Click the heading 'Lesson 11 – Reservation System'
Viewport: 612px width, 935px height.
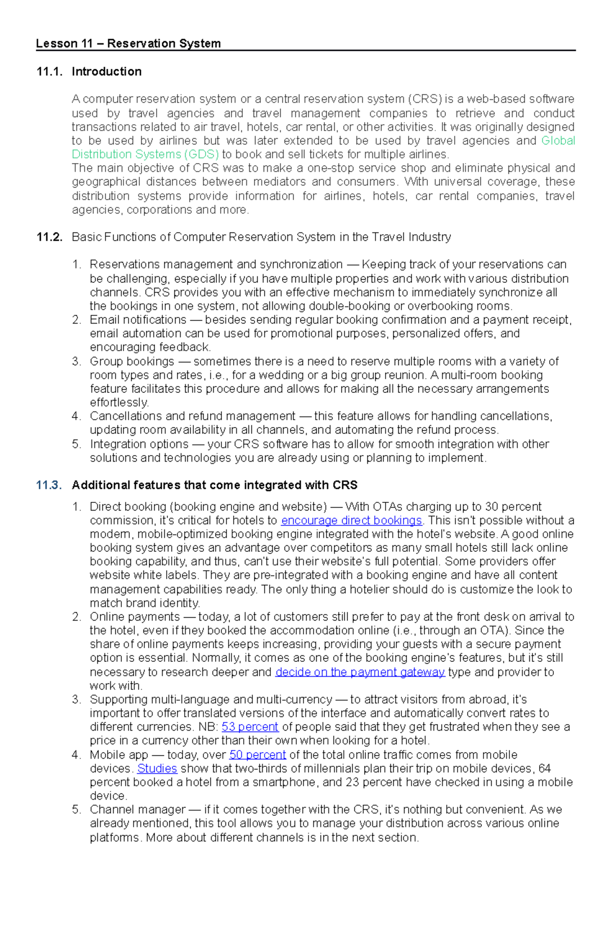[128, 44]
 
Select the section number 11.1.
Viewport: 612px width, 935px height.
[49, 72]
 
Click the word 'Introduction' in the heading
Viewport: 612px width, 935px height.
[107, 72]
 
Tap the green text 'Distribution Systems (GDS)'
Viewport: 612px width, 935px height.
[145, 154]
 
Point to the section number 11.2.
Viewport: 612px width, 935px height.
[49, 237]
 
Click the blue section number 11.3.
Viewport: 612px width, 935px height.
[49, 485]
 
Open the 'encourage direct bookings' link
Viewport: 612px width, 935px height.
[351, 521]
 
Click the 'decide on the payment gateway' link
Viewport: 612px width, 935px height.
[360, 672]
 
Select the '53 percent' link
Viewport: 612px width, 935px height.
[250, 727]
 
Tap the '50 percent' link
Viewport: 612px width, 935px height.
[258, 755]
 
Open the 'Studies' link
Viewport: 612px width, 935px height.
[157, 768]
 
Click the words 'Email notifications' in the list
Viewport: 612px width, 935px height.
[138, 320]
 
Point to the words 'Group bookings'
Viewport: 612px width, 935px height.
[132, 362]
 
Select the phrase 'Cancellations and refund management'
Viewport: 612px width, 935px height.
[192, 416]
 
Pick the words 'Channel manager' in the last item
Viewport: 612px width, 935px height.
[137, 810]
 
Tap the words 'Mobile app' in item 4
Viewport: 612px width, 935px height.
[118, 755]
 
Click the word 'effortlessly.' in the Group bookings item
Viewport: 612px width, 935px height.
[119, 403]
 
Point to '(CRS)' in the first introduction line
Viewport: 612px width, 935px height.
[424, 99]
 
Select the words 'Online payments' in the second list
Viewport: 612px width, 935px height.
[134, 617]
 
